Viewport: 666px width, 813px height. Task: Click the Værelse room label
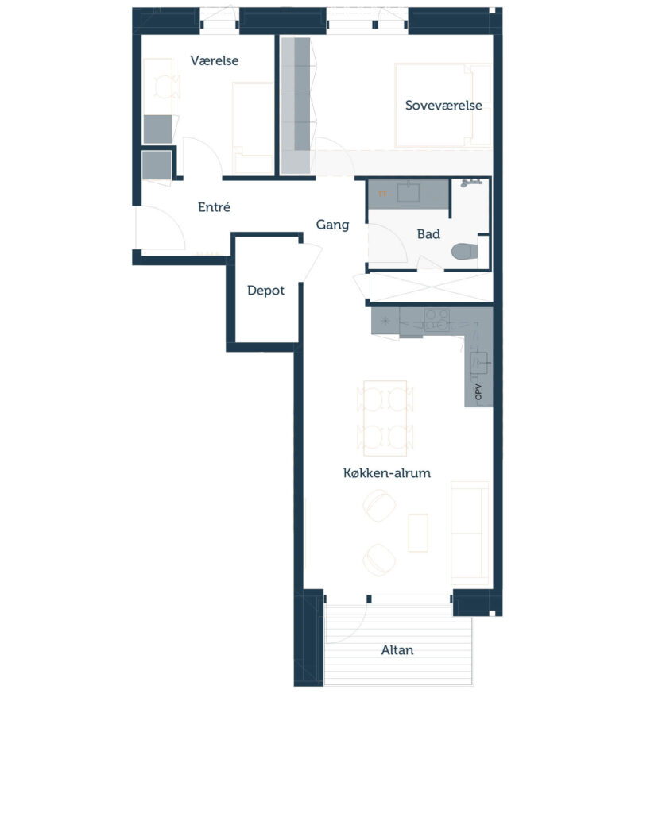[215, 60]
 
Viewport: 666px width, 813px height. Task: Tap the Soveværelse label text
[443, 106]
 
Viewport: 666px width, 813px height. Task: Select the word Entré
[214, 207]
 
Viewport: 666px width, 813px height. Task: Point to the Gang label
[332, 225]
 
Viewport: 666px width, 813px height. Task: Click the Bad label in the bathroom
[428, 234]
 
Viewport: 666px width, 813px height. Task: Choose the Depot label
[265, 291]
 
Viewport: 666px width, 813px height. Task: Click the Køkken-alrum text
[387, 473]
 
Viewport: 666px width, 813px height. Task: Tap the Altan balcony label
[397, 650]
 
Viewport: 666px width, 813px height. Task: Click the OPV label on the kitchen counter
[478, 392]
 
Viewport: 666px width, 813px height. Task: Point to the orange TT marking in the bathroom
[382, 194]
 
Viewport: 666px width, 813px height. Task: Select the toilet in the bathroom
[465, 252]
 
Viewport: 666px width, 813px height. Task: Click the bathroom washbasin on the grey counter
[409, 192]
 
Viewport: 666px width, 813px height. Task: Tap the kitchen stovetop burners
[436, 319]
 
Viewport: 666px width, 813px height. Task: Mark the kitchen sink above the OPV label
[479, 362]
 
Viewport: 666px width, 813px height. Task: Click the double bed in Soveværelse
[443, 106]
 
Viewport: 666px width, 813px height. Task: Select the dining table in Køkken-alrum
[385, 418]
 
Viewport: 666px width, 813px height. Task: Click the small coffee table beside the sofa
[418, 533]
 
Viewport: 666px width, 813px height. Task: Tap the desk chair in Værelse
[168, 87]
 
